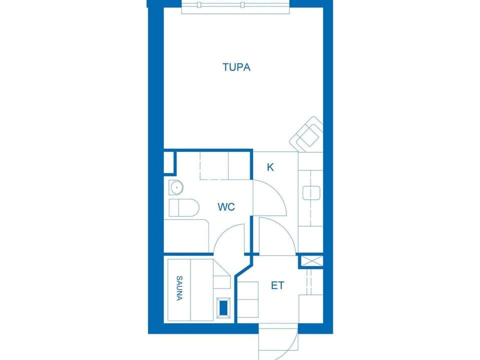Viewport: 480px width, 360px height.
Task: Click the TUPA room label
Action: (236, 67)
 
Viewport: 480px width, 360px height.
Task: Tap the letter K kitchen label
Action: (270, 167)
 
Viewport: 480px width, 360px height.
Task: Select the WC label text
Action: (226, 206)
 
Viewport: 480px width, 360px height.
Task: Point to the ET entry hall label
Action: (277, 285)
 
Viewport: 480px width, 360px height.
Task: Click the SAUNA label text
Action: (179, 288)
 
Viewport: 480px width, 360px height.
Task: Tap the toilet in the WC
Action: (184, 207)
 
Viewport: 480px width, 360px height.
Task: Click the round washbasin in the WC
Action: (176, 187)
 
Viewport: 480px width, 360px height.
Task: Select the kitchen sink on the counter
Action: (311, 193)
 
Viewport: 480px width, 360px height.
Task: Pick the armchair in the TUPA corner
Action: (306, 134)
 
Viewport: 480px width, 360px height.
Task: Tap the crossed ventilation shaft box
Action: (310, 261)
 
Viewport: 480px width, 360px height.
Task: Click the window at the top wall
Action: (235, 6)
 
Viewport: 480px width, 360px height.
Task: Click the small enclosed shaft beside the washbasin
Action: (169, 162)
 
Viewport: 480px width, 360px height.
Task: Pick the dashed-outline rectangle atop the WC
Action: (225, 165)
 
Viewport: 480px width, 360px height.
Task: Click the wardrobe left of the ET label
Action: (248, 299)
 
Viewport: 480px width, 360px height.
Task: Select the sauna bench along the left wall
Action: (179, 290)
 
